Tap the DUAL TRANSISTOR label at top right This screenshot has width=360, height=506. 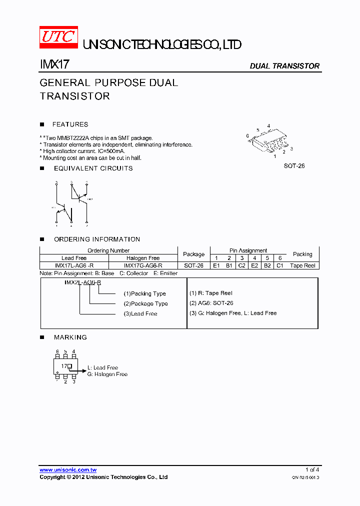[284, 66]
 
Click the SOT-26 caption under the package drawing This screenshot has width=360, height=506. [294, 165]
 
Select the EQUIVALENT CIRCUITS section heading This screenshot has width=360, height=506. [93, 168]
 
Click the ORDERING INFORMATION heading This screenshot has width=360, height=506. [97, 239]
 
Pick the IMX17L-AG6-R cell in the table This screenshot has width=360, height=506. [74, 265]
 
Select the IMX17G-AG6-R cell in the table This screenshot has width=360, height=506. [143, 265]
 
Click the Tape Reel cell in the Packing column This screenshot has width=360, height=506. [302, 265]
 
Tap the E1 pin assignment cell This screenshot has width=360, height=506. [216, 265]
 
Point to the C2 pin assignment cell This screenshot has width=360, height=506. [242, 265]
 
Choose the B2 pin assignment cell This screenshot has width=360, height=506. [267, 265]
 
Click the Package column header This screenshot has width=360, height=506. [194, 254]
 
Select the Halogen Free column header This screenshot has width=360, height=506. [143, 258]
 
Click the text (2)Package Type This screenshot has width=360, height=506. [145, 303]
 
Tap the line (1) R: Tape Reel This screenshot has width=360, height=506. [210, 293]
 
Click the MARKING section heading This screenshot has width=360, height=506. [70, 337]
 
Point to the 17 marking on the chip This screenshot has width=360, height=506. [64, 366]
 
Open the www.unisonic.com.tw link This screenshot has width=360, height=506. [68, 470]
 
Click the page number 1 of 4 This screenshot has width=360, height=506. [312, 470]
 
